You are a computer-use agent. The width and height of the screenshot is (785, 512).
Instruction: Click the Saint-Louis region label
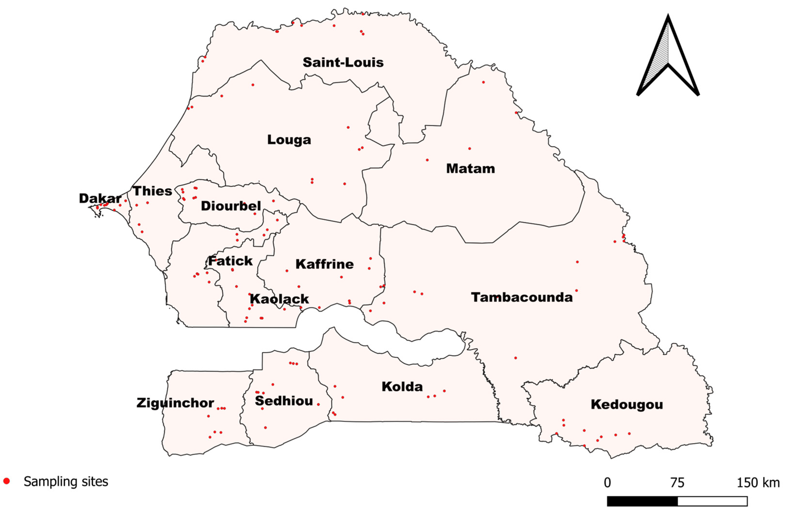coord(343,62)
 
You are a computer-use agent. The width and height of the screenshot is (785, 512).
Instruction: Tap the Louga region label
coord(289,140)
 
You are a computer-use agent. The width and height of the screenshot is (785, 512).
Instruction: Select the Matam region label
coord(470,169)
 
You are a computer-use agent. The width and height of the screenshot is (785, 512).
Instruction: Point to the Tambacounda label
coord(522,297)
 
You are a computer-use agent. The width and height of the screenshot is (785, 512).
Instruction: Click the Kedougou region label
coord(627,405)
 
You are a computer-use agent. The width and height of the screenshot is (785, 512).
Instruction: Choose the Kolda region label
coord(402,386)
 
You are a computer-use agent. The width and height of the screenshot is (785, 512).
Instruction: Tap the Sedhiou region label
coord(284,401)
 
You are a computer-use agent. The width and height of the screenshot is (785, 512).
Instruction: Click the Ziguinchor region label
coord(175,403)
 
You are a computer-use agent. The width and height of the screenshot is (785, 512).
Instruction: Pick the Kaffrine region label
coord(325,264)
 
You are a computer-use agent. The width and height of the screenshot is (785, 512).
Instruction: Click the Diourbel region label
coord(231,206)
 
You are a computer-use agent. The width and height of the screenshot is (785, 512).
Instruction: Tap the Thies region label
coord(152,191)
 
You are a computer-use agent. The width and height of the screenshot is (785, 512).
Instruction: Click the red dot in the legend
coord(6,481)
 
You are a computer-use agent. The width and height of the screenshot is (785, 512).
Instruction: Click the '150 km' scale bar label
coord(758,483)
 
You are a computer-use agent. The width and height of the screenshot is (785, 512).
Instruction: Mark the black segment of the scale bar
coord(642,501)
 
